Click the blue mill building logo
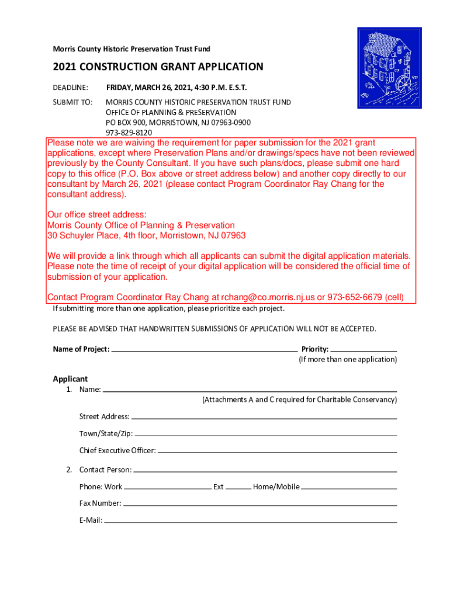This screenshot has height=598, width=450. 389,68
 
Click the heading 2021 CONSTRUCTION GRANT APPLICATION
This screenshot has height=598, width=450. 158,67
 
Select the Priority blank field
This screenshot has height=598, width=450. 363,349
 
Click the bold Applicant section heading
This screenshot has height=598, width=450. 70,379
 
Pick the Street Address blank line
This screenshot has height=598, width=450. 264,417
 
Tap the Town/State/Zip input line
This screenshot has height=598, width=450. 265,434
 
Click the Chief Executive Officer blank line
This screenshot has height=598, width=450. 277,451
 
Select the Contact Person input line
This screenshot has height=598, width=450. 265,470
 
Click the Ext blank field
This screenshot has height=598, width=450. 238,487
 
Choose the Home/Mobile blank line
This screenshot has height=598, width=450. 349,487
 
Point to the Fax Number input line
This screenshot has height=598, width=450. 260,503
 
